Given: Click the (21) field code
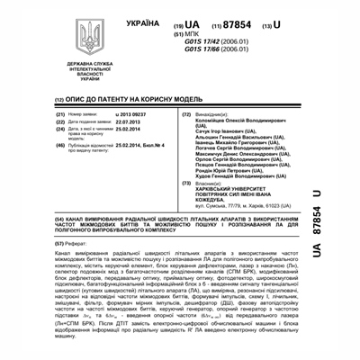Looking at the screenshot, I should pos(60,115).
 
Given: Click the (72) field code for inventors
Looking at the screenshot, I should pos(184,115).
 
